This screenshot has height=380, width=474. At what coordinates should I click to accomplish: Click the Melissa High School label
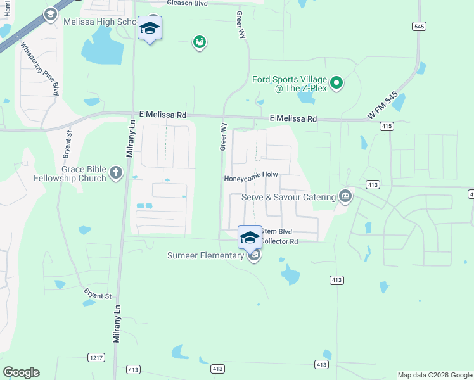click(100, 22)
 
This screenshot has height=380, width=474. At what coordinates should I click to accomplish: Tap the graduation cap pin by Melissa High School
click(150, 28)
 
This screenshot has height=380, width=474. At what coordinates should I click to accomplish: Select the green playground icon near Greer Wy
click(200, 42)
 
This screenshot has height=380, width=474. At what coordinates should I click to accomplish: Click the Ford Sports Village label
click(289, 79)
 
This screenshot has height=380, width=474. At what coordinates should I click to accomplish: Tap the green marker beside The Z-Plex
click(337, 83)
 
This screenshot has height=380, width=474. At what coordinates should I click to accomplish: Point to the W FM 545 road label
click(383, 106)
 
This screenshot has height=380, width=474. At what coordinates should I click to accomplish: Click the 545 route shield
click(418, 26)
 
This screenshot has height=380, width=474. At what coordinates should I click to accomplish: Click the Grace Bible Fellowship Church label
click(84, 174)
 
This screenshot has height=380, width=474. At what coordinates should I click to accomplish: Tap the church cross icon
click(115, 173)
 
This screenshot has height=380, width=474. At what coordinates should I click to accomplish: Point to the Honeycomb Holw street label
click(251, 178)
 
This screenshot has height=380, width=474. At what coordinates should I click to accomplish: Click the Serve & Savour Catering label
click(288, 197)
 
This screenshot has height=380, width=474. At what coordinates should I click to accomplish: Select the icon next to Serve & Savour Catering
click(345, 196)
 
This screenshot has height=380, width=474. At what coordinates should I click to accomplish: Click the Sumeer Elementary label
click(205, 255)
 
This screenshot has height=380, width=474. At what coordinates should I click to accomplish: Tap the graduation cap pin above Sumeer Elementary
click(250, 237)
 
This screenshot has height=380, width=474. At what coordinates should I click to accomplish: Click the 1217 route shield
click(96, 358)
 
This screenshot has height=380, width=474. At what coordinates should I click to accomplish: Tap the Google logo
click(21, 372)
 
